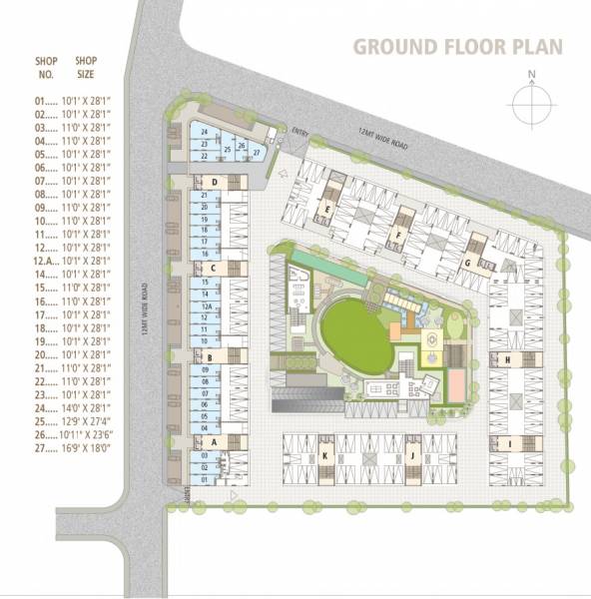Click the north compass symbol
coord(533,103)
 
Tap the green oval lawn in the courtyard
coord(355,339)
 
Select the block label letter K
coord(325,455)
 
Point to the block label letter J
coord(410,455)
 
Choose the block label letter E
coord(327,209)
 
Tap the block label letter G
coord(467,264)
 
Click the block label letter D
coord(214,182)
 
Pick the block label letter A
coord(213,441)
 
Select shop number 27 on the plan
coord(257,152)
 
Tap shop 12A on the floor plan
coord(205,306)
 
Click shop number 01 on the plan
coord(204,479)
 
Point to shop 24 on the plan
coord(205,133)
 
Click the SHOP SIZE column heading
coord(87,67)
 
